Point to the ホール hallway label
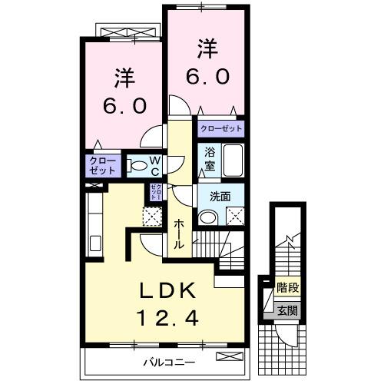pyautogui.click(x=179, y=232)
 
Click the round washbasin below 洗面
pyautogui.click(x=205, y=217)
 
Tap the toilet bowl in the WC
pyautogui.click(x=136, y=164)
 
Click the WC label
pyautogui.click(x=154, y=165)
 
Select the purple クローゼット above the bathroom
pyautogui.click(x=221, y=129)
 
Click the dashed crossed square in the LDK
pyautogui.click(x=151, y=217)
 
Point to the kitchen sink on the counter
pyautogui.click(x=96, y=244)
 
